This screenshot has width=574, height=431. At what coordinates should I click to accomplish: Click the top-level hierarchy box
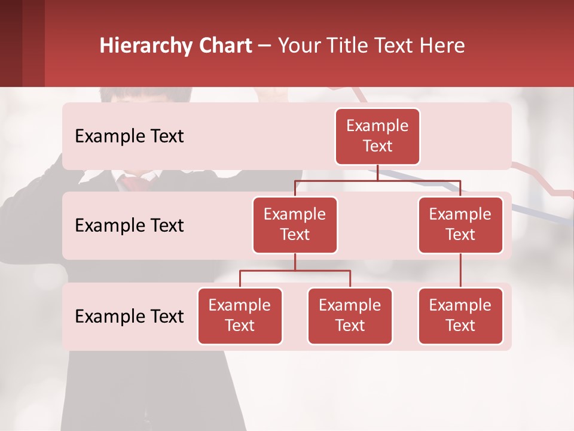coord(377,136)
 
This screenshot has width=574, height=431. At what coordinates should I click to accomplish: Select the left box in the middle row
coord(295,224)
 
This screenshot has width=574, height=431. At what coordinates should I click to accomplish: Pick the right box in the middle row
coord(460,224)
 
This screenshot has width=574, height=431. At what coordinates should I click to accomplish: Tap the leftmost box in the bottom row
coord(240,315)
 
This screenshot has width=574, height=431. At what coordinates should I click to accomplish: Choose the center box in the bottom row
coord(350,315)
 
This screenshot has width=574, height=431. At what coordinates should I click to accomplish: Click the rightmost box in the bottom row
coord(460,315)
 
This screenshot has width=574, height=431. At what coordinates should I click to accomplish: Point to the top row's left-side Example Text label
coord(129,136)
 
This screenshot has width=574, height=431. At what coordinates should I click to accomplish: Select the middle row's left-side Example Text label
coord(129,226)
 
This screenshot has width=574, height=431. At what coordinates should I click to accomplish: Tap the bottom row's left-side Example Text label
coord(129,316)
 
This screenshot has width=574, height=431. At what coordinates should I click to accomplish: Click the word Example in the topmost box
coord(377,126)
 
